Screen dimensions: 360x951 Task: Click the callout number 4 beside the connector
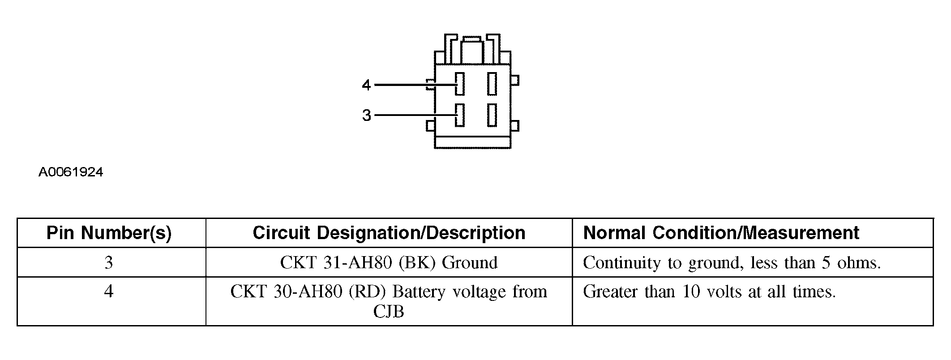click(366, 85)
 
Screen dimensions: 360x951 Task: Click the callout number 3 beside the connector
click(366, 116)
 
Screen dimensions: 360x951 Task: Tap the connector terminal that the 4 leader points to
click(460, 84)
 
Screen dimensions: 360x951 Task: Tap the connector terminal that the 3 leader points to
click(460, 115)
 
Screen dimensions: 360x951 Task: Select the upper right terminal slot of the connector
click(492, 84)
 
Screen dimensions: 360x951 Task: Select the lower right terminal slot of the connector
click(492, 115)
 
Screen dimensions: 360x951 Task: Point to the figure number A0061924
click(71, 172)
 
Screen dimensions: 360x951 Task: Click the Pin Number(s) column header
click(109, 233)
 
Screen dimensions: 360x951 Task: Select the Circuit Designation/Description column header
click(389, 233)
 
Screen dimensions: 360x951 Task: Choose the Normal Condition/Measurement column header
click(721, 233)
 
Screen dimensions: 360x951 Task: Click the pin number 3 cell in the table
click(109, 262)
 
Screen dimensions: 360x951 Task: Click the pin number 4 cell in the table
click(109, 292)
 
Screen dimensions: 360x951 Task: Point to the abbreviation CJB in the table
click(389, 311)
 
